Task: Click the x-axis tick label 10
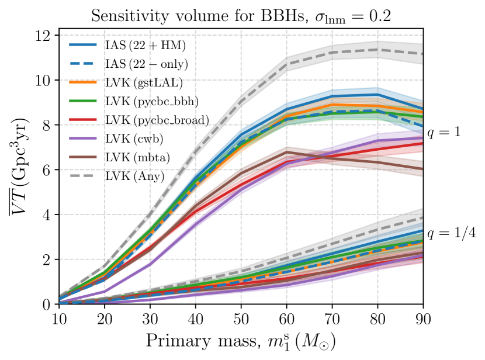point(59,319)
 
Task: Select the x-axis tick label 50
point(241,319)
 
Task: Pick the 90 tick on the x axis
point(423,319)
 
